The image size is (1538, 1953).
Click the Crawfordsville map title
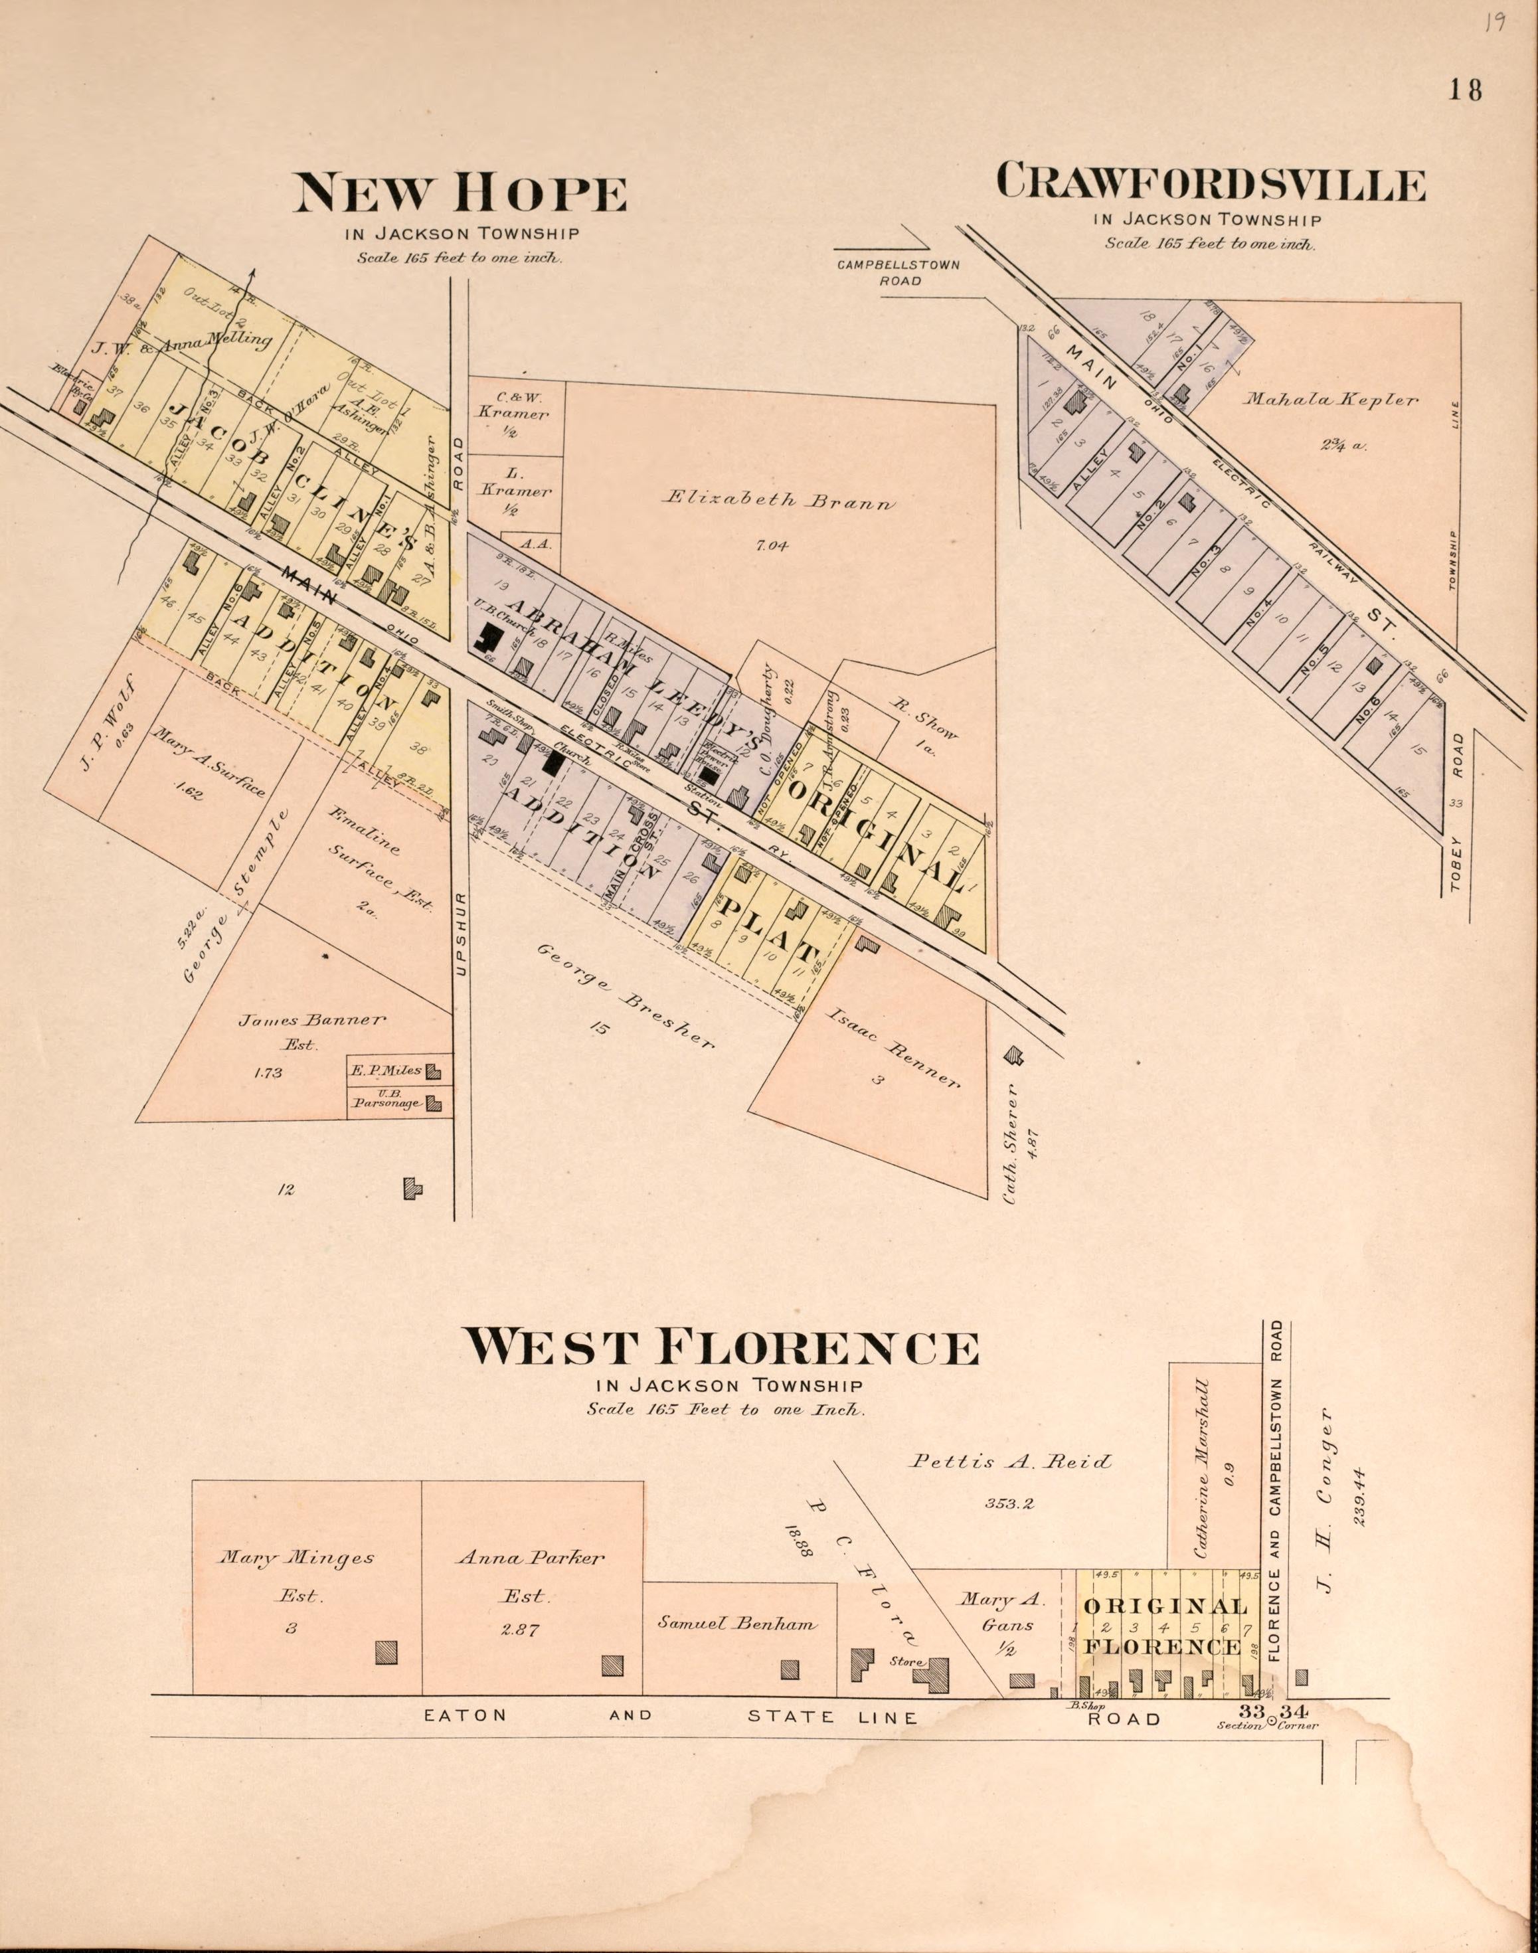pyautogui.click(x=1210, y=183)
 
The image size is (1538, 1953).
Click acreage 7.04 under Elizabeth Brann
pyautogui.click(x=772, y=545)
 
